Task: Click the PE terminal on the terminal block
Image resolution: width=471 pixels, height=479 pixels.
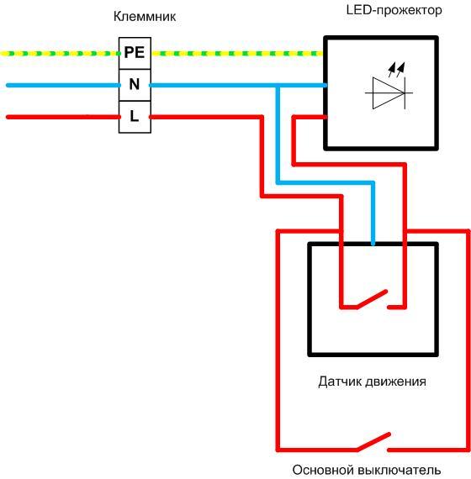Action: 134,52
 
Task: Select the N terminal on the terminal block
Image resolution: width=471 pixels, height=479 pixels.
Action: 134,84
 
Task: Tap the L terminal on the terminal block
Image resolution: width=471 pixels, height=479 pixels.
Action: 134,116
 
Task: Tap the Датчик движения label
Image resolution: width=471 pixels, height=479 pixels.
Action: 372,382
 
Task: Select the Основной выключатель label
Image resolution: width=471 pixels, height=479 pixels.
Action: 366,470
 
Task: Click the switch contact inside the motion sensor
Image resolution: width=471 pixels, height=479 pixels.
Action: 371,300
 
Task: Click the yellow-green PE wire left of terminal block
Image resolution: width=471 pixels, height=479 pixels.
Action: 59,53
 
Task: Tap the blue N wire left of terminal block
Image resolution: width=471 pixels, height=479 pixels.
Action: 59,85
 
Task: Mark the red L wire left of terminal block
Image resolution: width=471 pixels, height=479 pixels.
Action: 59,117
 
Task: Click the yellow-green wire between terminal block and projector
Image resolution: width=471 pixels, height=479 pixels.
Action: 235,53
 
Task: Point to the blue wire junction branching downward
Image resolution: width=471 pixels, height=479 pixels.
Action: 278,85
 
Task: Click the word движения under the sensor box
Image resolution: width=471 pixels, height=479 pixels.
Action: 399,382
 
